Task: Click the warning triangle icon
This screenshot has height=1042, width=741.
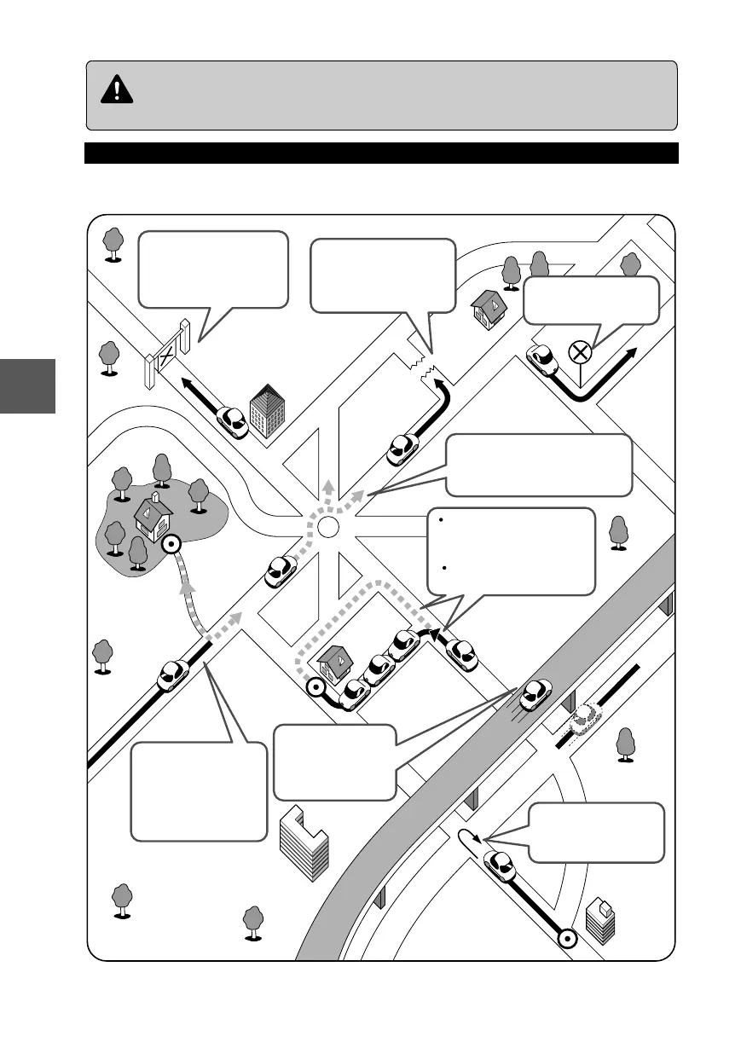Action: point(117,90)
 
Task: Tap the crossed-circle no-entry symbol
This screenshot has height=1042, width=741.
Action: point(580,350)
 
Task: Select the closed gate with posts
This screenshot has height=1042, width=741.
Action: point(167,352)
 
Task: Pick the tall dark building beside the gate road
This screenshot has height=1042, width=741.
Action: point(268,410)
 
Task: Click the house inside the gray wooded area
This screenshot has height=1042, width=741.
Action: point(153,518)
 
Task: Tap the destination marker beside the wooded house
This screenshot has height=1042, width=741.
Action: point(171,543)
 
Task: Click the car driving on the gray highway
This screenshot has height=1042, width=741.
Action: point(535,694)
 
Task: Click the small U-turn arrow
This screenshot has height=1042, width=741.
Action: point(468,836)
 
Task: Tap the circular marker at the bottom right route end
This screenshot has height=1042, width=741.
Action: point(564,939)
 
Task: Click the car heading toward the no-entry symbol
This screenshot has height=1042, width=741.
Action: point(541,360)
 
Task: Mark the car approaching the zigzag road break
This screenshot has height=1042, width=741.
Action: point(402,449)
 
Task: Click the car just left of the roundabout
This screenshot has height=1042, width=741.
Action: point(281,570)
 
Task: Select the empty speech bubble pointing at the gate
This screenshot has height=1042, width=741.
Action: point(213,271)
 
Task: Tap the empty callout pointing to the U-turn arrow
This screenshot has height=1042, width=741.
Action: point(594,831)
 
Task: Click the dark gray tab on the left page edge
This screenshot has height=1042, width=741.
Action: point(27,385)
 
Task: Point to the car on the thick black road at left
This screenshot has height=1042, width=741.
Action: point(173,674)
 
